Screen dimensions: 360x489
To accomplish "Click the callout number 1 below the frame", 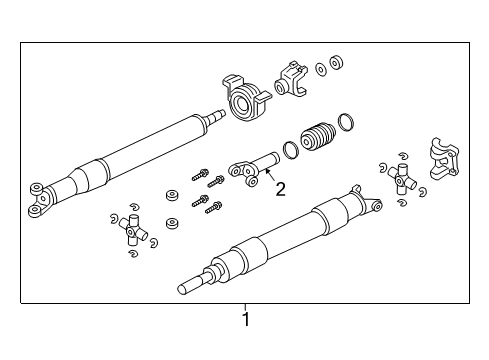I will pyautogui.click(x=245, y=320).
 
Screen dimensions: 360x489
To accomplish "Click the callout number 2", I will pyautogui.click(x=281, y=190).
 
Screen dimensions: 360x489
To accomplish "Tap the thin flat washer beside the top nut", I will pyautogui.click(x=320, y=69).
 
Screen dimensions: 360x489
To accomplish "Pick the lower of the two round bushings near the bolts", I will pyautogui.click(x=172, y=222).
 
